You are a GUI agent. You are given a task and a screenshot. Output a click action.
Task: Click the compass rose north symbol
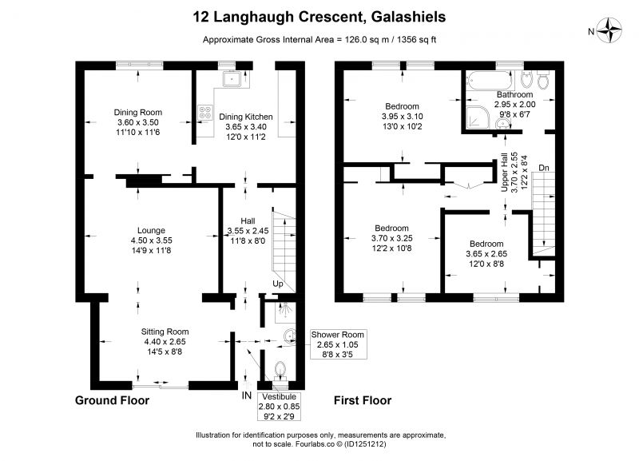tap(613, 31)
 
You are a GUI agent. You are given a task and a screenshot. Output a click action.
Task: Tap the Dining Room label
tap(139, 112)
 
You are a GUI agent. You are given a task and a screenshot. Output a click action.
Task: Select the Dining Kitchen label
tap(246, 117)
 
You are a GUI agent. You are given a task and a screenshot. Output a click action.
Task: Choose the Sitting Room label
tap(165, 331)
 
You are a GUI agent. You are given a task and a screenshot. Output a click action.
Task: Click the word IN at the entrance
tap(246, 395)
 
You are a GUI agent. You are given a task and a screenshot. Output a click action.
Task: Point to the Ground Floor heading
tap(112, 399)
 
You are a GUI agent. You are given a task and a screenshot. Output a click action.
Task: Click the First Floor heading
tap(364, 399)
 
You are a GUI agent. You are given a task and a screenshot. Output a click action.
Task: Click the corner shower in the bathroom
tap(476, 117)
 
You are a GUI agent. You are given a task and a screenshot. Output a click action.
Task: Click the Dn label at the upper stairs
tap(544, 168)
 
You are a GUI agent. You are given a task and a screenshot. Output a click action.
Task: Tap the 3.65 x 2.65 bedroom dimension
tap(486, 254)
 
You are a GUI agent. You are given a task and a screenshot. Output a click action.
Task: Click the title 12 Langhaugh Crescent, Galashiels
tap(319, 16)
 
